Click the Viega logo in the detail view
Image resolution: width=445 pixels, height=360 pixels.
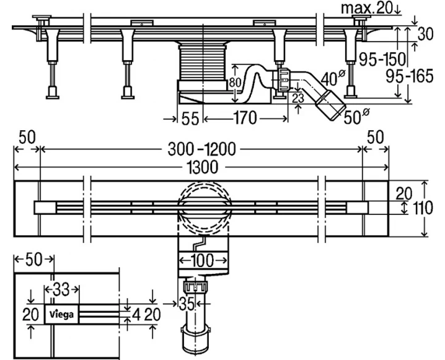(x=61, y=314)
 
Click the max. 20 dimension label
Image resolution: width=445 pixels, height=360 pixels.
(x=368, y=8)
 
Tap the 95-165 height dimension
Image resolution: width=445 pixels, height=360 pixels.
(x=410, y=76)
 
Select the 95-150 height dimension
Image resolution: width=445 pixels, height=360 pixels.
(x=383, y=59)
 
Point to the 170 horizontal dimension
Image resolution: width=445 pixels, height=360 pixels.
(x=245, y=118)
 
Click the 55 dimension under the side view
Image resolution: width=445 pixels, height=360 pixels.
(x=190, y=118)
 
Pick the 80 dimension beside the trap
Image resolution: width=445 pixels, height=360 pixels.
(x=235, y=82)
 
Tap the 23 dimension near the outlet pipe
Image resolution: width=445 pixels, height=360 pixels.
(x=298, y=98)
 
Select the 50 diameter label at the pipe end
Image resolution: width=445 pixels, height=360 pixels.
(x=356, y=116)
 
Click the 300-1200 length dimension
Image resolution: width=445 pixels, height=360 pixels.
(x=201, y=149)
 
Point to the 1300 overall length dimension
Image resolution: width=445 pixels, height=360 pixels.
(x=202, y=167)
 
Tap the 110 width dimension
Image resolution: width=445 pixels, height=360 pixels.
(x=423, y=208)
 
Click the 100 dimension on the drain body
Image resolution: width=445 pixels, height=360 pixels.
(x=203, y=260)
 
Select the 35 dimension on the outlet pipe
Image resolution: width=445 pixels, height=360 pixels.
(x=187, y=304)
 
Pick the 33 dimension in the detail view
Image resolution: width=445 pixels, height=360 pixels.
(x=61, y=289)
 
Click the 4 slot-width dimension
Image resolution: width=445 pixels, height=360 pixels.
(x=136, y=315)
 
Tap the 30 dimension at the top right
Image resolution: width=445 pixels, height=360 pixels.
(x=425, y=34)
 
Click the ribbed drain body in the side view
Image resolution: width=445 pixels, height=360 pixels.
(x=203, y=63)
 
